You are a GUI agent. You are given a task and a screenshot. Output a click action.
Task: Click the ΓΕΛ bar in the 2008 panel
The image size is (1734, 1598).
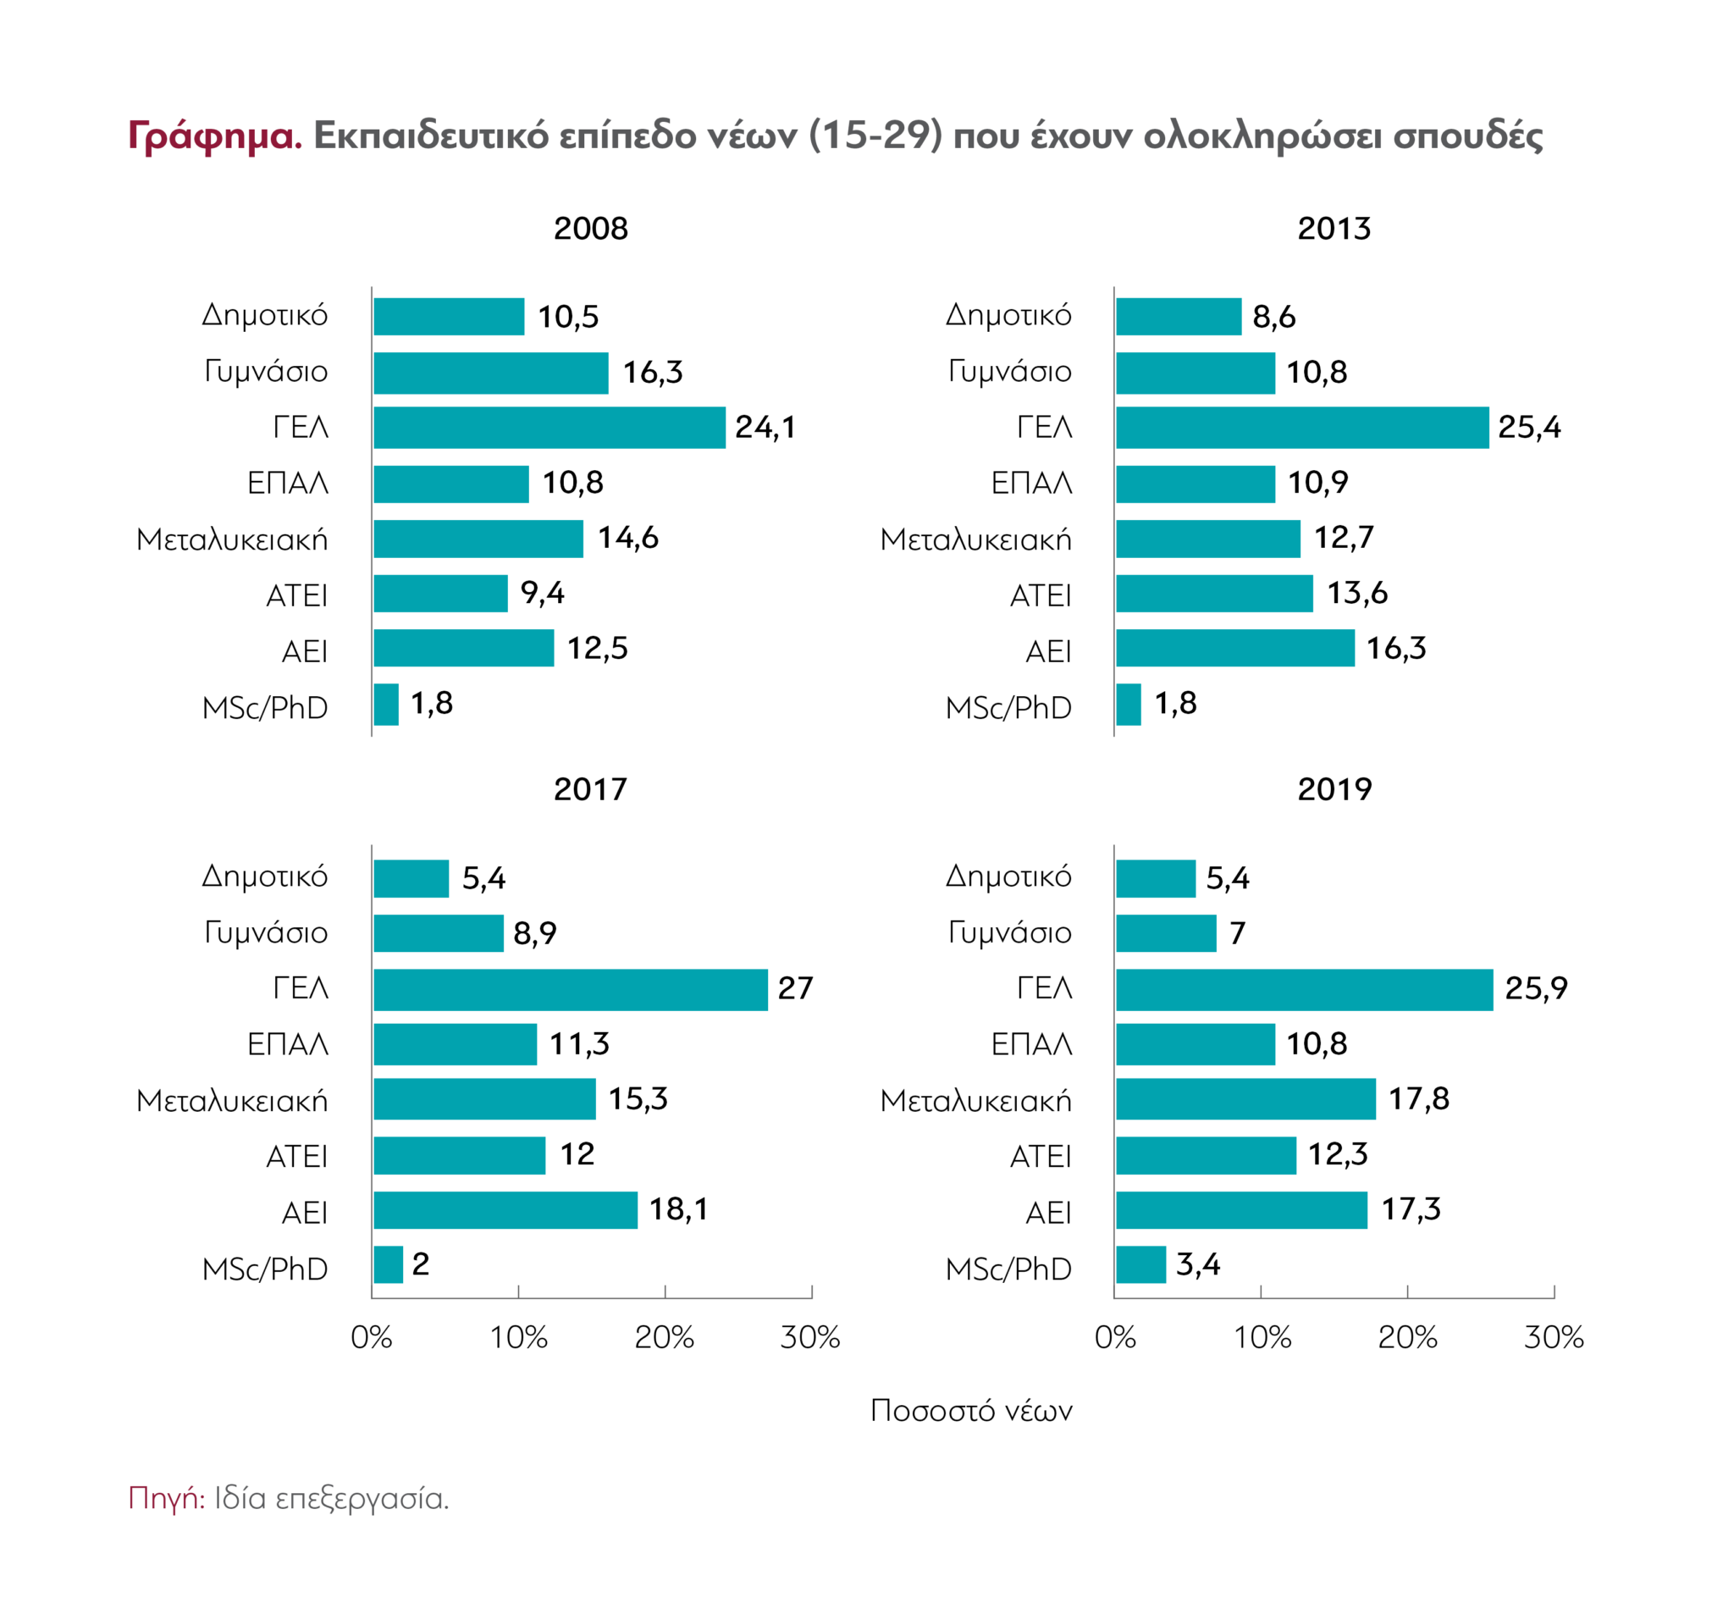tap(549, 427)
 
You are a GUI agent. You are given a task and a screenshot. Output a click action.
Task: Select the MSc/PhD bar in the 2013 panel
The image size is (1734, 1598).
tap(1128, 705)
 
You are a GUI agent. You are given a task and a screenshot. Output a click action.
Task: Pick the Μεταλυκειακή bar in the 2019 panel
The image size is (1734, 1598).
tap(1245, 1099)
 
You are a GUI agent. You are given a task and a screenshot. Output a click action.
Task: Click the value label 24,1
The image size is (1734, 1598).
tap(765, 427)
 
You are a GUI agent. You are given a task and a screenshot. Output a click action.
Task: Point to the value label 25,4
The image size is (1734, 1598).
tap(1529, 427)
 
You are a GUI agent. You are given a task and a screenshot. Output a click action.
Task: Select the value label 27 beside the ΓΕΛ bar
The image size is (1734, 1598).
tap(795, 988)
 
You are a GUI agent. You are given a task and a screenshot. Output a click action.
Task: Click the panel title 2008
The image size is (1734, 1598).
tap(590, 229)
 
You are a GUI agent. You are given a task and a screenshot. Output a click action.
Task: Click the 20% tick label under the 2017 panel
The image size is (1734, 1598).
tap(664, 1338)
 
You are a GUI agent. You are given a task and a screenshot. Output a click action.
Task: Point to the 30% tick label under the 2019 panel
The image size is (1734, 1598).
tap(1554, 1338)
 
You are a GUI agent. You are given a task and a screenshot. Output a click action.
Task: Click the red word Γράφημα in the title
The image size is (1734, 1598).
tap(214, 136)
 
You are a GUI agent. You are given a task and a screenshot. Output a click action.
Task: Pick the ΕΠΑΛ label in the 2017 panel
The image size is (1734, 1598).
tap(288, 1044)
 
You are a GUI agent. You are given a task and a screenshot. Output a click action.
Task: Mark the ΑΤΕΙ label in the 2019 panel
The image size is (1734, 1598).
tap(1040, 1156)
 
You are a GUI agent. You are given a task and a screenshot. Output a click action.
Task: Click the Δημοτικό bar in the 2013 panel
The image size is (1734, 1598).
tap(1179, 317)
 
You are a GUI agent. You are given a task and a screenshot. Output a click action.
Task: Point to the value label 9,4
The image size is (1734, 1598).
tap(542, 593)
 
